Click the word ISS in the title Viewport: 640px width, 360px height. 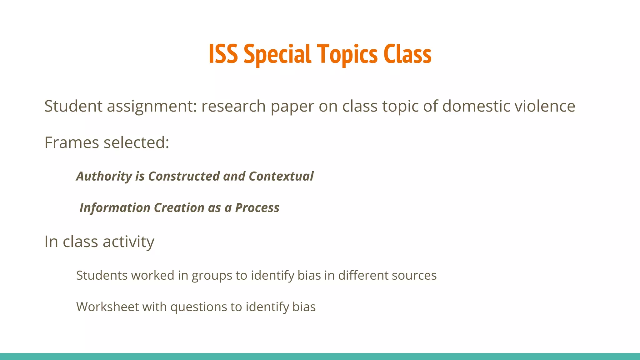223,54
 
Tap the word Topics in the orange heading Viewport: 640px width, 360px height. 347,54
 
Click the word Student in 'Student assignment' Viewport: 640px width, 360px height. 73,106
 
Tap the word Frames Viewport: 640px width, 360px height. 72,143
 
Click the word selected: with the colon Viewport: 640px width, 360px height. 136,143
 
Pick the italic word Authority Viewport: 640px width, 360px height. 104,177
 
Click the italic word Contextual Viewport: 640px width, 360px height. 281,176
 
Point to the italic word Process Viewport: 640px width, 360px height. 257,208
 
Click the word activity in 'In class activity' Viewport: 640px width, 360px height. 128,242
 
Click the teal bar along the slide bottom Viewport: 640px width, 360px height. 320,357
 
